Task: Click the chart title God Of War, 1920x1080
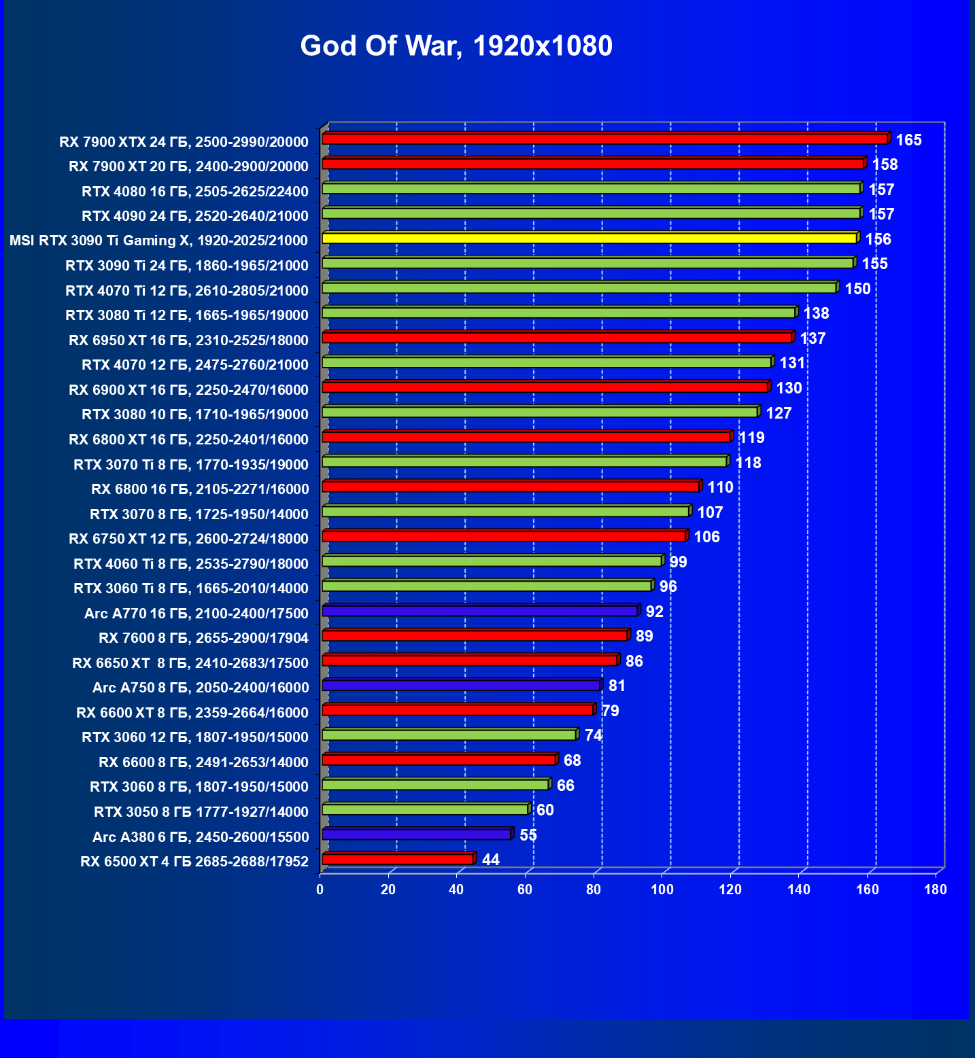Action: [456, 46]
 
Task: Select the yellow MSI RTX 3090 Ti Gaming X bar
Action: [589, 238]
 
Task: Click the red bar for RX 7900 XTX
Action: [604, 139]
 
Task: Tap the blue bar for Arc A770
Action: [479, 611]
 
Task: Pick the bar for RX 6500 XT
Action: [397, 860]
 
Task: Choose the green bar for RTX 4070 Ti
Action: [579, 288]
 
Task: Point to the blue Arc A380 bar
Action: [416, 834]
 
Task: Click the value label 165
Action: [908, 140]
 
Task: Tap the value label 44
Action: [490, 860]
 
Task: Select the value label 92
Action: [654, 612]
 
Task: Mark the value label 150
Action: [857, 289]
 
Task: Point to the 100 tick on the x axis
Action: [662, 889]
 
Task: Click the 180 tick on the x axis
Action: [936, 889]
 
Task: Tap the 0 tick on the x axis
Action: [320, 889]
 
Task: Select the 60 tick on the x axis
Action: [525, 889]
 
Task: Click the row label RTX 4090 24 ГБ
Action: [194, 216]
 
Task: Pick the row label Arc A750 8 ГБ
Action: [201, 688]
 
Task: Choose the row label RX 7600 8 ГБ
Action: [203, 638]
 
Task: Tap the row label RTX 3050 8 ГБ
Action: [201, 812]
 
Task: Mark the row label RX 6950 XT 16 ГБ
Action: [188, 340]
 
